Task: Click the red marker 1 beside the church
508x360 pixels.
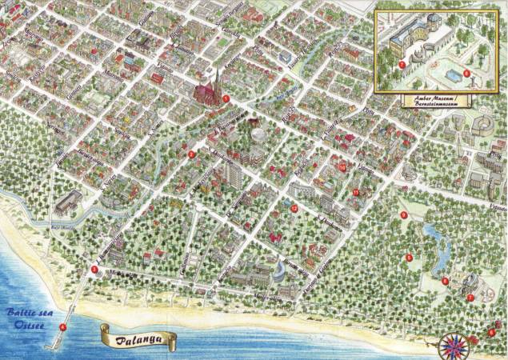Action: coord(226,98)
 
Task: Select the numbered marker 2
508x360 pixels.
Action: coord(191,154)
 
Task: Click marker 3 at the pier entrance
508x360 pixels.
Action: coord(94,270)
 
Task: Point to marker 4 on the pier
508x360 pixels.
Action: coord(62,326)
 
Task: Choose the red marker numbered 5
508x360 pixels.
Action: coord(409,258)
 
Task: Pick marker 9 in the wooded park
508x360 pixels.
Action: coord(404,215)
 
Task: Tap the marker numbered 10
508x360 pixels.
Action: coord(342,168)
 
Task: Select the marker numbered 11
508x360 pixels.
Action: coord(355,193)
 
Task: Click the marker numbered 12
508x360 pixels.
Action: coord(294,209)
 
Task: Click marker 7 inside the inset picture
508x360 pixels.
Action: coord(402,63)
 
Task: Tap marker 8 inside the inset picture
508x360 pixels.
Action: coord(468,74)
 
